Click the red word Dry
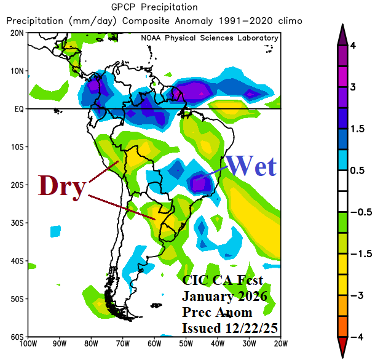(61, 186)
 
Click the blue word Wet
(251, 166)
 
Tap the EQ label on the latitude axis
(17, 109)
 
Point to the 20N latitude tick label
(16, 33)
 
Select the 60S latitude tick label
(16, 337)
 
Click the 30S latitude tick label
(16, 223)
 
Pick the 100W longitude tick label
(27, 344)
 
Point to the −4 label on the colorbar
(355, 337)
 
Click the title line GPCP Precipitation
(154, 7)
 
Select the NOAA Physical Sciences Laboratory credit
(209, 38)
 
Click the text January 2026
(224, 296)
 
